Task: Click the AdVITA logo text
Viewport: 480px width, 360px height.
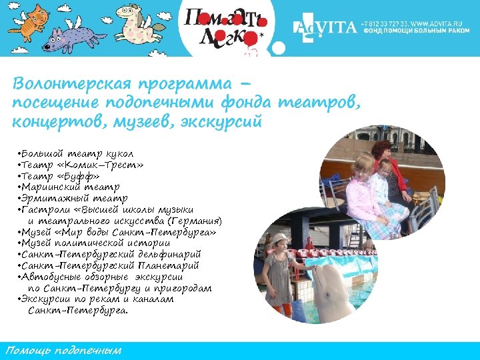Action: (x=326, y=28)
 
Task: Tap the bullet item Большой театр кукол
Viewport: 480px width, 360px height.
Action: (x=77, y=154)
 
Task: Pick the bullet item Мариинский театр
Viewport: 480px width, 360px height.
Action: (x=70, y=187)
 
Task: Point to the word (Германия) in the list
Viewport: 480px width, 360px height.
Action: (x=195, y=221)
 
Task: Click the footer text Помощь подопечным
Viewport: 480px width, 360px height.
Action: (x=63, y=350)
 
